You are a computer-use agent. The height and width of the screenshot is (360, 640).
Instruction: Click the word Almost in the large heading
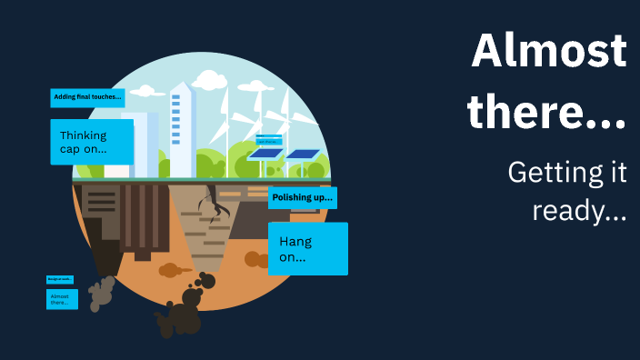(549, 52)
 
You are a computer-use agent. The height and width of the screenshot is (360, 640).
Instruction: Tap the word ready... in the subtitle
(579, 212)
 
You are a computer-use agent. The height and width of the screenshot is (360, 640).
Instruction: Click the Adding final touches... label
(87, 97)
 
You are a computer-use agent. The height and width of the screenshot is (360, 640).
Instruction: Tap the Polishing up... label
(303, 197)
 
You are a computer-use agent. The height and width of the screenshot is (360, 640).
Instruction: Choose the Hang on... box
(307, 248)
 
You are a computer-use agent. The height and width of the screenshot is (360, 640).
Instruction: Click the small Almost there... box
(62, 299)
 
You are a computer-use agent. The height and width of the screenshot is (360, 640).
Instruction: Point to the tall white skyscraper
(182, 127)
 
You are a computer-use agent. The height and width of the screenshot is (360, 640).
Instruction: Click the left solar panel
(265, 154)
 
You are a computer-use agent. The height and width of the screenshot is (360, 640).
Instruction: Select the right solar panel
(304, 154)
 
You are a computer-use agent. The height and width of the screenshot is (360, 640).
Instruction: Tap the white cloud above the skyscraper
(208, 80)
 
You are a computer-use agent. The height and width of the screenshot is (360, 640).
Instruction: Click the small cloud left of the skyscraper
(144, 92)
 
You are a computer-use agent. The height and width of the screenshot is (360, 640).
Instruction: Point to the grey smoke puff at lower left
(102, 293)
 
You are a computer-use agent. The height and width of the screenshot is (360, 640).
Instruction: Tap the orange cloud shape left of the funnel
(170, 270)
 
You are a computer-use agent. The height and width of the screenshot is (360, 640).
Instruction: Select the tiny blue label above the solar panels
(269, 140)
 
